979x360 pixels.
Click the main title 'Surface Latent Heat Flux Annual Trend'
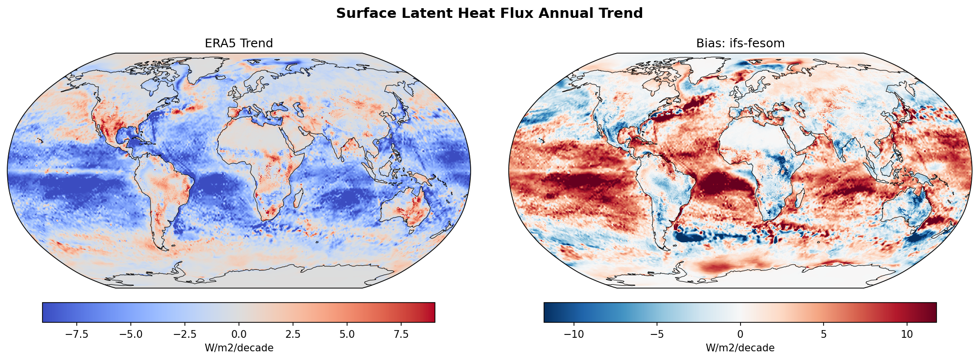point(489,13)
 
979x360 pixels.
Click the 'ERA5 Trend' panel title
point(238,43)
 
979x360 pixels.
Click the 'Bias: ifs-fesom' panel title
point(740,43)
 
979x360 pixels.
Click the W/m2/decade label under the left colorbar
point(238,348)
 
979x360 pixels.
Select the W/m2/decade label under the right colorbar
point(740,348)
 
